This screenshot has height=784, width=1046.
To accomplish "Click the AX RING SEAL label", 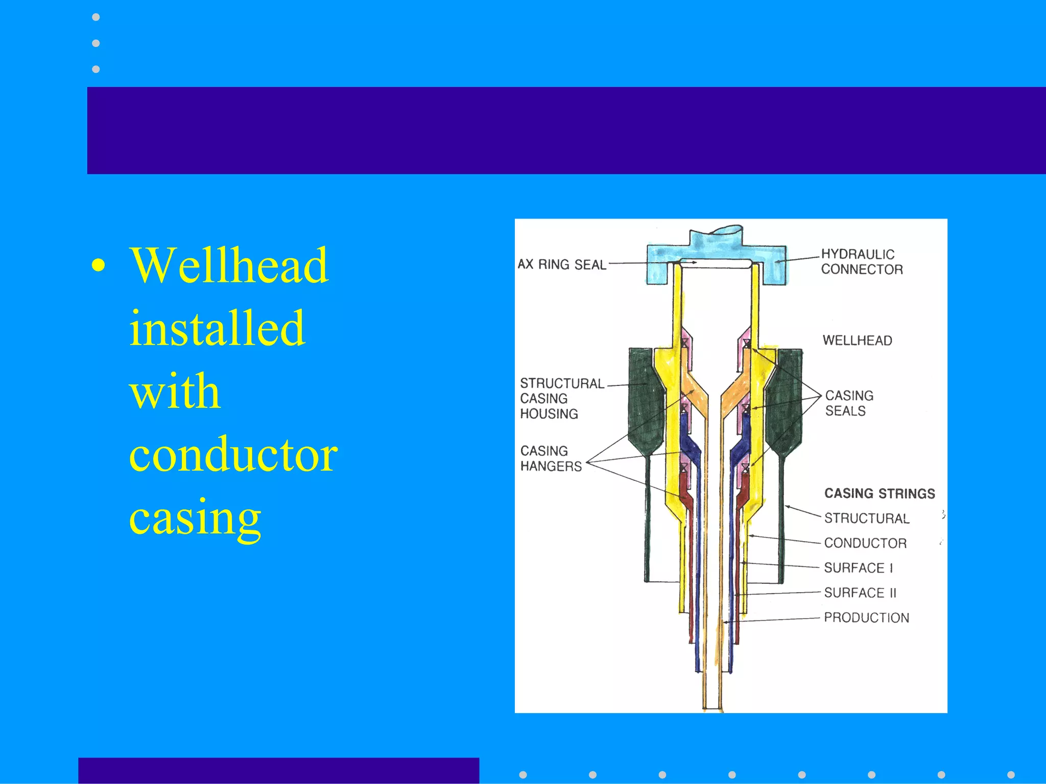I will coord(562,264).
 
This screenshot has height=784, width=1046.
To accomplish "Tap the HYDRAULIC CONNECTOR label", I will coord(862,262).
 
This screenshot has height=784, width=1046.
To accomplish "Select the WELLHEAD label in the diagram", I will coord(857,340).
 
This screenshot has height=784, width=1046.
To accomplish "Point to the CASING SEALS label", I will coord(849,403).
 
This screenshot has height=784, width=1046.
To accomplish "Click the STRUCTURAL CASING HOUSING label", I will coord(561,399).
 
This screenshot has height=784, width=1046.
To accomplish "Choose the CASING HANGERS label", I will coord(551,458).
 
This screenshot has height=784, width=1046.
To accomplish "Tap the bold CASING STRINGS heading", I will coord(879,494).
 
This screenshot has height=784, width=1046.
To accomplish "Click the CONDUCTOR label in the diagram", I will coord(865,543).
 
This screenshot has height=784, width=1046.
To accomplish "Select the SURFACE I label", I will coord(858,568).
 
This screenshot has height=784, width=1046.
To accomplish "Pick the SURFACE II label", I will coord(860,593).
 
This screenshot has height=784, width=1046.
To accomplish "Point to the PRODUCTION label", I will coord(866,618).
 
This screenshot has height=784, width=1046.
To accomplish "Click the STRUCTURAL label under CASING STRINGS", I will coord(867,519).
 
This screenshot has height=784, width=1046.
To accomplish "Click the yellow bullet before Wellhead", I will coord(99,265).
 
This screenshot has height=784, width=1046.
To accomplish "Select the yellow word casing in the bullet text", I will coord(195,518).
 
